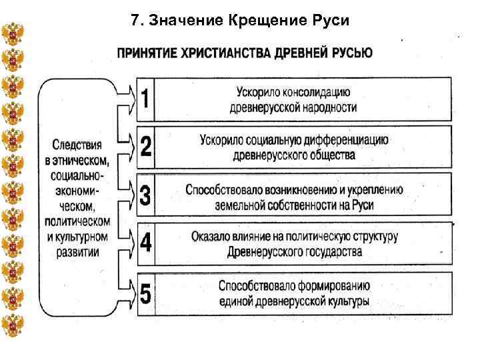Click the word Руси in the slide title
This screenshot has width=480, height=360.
327,21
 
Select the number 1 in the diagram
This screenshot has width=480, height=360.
145,99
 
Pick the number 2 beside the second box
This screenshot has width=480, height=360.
145,148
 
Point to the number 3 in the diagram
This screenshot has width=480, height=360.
145,196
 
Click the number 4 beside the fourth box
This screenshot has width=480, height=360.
145,243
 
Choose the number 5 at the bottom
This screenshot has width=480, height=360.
145,293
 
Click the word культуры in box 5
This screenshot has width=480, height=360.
348,301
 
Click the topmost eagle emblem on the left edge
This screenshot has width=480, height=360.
12,33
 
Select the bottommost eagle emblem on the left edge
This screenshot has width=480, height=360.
12,326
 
